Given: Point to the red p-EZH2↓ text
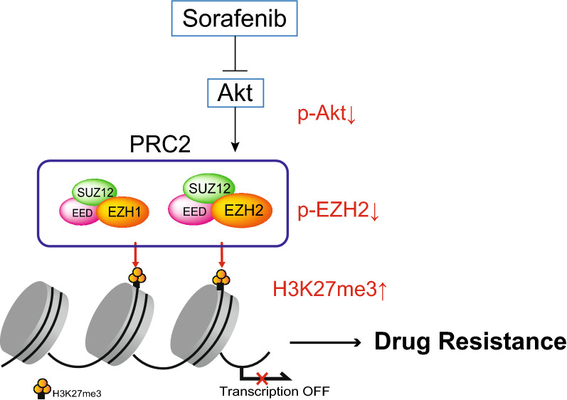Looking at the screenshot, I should click(x=339, y=211).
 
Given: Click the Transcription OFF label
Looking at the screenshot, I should click(x=266, y=391).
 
